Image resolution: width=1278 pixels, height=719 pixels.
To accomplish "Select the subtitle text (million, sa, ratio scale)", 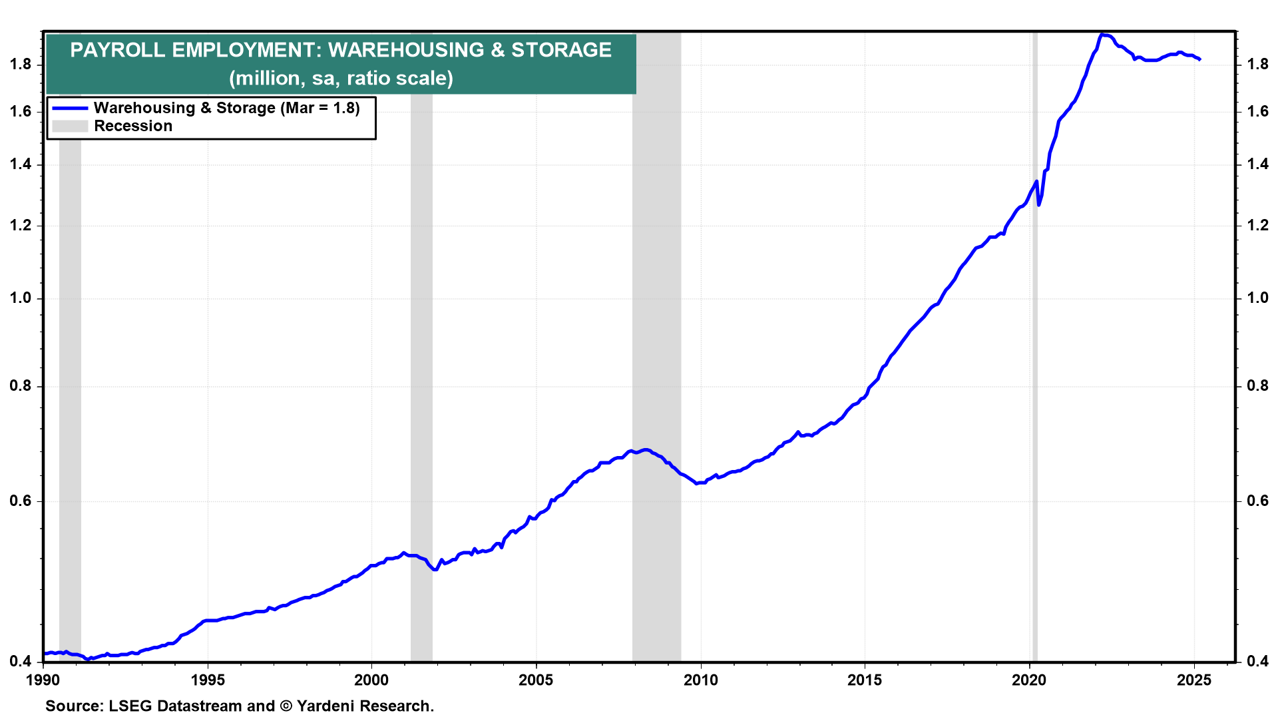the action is coord(341,79).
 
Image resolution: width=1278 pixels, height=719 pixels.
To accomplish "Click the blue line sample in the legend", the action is coord(70,108).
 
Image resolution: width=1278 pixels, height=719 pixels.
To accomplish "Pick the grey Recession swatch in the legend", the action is coord(70,126).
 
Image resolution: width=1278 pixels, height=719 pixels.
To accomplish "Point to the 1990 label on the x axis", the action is coord(43,680).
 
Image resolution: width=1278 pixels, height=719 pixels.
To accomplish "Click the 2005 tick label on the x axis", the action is coord(536,680).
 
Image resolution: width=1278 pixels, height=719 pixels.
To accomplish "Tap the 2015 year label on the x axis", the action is coord(865,680).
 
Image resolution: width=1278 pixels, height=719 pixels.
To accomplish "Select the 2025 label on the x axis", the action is coord(1193,680).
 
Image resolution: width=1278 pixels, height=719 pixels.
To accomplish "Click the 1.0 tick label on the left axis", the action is coord(21,298).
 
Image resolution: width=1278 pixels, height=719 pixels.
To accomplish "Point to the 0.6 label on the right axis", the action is coord(1257,501).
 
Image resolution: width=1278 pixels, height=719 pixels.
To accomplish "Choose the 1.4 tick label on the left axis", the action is coord(21,164).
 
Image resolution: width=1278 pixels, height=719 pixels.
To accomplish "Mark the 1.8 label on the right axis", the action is coord(1257,64).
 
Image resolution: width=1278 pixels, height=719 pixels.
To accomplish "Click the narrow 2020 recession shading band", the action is coord(1034,346).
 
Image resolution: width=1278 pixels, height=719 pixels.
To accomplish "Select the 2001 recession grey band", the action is coord(421,373).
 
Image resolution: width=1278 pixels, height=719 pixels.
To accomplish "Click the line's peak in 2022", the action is coord(1102,35).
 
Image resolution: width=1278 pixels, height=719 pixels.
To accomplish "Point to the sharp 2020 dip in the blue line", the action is coord(1039,204).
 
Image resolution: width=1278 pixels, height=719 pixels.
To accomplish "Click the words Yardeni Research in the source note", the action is coord(365,706).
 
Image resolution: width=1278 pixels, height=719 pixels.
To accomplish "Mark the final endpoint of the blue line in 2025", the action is coord(1199,60).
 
